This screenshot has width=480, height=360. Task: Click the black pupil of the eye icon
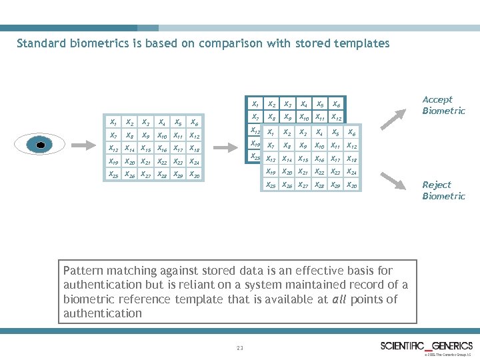point(41,145)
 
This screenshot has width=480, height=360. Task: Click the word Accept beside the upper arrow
point(437,100)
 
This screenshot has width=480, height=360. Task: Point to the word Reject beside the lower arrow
point(437,185)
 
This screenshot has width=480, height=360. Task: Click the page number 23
point(239,348)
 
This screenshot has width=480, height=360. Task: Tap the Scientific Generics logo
point(427,345)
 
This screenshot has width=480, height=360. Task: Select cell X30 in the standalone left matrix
point(194,175)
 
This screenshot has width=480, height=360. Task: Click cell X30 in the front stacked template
point(353,185)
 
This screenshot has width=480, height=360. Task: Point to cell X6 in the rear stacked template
point(337,105)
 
